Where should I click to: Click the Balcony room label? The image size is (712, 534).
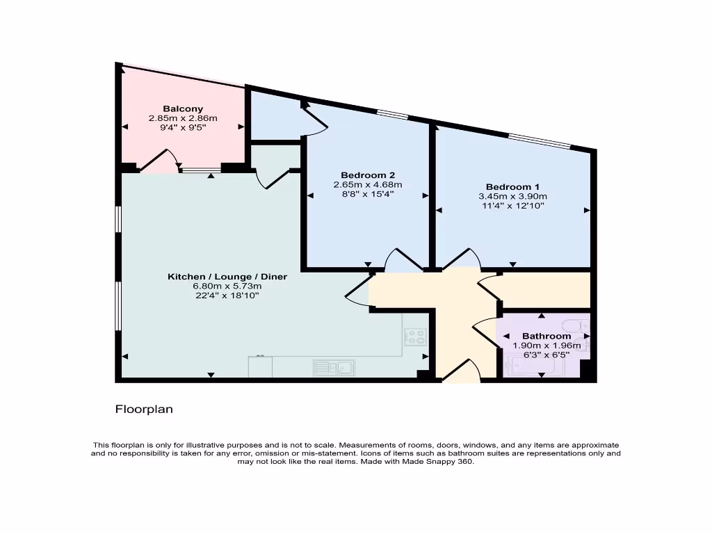click(183, 108)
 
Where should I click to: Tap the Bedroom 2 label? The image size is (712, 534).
click(368, 175)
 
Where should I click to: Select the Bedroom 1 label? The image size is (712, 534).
click(512, 186)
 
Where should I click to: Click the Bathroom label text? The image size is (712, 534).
click(547, 336)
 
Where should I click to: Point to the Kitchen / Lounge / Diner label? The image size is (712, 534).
click(227, 277)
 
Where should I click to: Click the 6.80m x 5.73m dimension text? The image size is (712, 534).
click(227, 286)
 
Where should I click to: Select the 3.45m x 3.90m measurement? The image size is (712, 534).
click(512, 196)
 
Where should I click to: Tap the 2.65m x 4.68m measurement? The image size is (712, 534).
click(368, 184)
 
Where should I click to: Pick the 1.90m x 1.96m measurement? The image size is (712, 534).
click(547, 345)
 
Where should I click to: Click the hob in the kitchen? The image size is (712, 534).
click(416, 337)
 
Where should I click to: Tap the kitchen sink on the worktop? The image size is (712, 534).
click(334, 366)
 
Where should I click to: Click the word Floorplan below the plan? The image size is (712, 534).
click(144, 410)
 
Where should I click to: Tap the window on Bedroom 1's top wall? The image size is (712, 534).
click(540, 140)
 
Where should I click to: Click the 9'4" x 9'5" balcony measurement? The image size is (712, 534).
click(183, 128)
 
